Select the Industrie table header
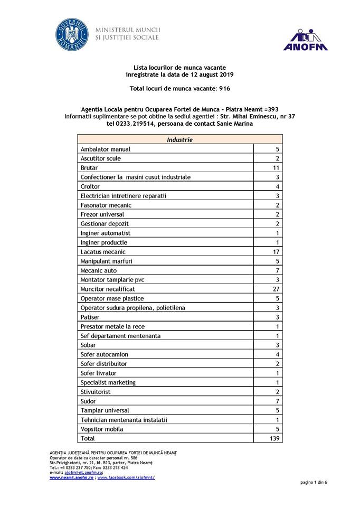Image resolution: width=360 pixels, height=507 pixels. click(179, 140)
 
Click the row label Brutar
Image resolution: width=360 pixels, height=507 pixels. click(89, 168)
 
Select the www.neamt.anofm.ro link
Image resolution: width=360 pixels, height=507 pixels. click(72, 477)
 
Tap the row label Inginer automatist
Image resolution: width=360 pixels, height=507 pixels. click(106, 233)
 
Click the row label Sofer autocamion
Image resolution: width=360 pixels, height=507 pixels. click(104, 354)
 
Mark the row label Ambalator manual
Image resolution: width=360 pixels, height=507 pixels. click(105, 149)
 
